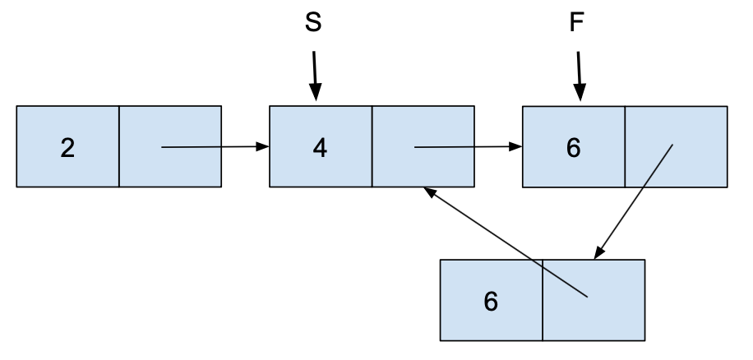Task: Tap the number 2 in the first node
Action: [x=67, y=147]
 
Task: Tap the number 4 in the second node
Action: [x=320, y=147]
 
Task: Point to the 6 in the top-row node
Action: [x=573, y=148]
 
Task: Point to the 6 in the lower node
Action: [x=491, y=301]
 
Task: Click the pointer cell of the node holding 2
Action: [x=170, y=147]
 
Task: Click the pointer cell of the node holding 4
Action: [x=423, y=147]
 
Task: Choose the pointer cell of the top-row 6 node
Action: [x=676, y=147]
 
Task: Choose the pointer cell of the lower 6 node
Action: [x=594, y=300]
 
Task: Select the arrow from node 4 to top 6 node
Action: [x=467, y=148]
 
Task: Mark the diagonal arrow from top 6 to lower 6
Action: [x=635, y=200]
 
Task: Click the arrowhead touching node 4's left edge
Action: [x=263, y=147]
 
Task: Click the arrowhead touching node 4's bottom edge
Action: [x=429, y=192]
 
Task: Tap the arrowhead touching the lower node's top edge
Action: [x=598, y=252]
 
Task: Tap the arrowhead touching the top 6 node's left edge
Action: [x=516, y=148]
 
